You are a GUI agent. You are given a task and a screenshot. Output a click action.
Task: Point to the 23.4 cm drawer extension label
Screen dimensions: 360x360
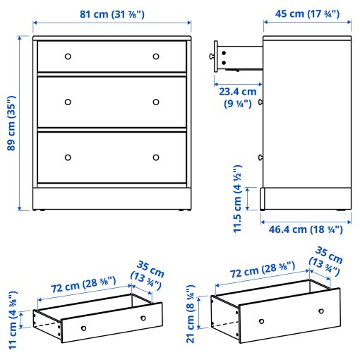(237, 97)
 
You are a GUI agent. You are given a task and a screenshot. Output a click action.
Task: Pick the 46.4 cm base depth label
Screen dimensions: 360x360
(306, 229)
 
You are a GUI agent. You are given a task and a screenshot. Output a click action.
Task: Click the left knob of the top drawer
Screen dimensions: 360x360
(68, 56)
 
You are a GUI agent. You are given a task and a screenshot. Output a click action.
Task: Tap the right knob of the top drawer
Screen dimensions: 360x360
(156, 56)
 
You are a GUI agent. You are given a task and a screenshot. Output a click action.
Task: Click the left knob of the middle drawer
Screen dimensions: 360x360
(68, 102)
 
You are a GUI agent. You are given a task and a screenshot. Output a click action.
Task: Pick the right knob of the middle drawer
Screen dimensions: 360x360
(156, 102)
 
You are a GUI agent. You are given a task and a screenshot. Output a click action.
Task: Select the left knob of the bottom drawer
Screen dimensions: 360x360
(68, 157)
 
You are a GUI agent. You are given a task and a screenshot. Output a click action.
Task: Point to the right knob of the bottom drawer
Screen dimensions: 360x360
(156, 157)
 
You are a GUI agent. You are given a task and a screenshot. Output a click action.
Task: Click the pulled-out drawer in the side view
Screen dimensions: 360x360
(239, 58)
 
